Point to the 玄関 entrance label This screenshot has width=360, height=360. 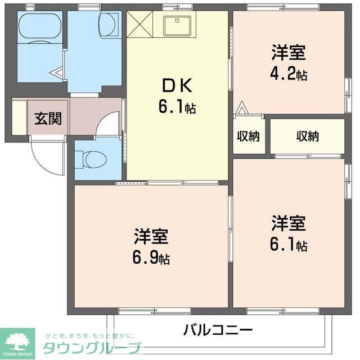coord(47,119)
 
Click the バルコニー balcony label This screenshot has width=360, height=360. coord(218,330)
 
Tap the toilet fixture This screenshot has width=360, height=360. coord(91,160)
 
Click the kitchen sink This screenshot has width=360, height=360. coord(178,25)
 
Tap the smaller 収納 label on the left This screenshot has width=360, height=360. coord(248,136)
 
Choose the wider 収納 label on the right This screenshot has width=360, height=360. coord(308,136)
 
